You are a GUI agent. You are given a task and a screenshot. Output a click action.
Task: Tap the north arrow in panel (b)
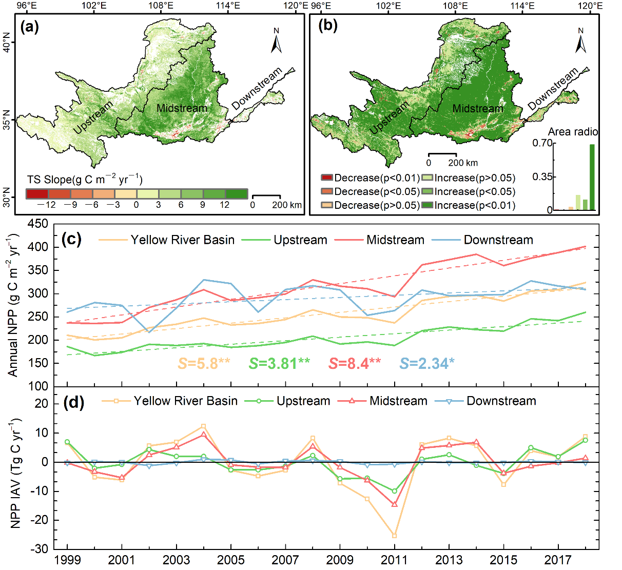click(x=581, y=41)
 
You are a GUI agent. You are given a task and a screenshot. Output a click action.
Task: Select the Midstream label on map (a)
click(x=182, y=108)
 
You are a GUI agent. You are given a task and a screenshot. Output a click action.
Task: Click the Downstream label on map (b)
click(x=553, y=89)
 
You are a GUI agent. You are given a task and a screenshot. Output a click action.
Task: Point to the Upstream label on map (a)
click(x=93, y=118)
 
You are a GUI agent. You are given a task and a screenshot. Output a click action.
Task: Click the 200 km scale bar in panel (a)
click(x=266, y=196)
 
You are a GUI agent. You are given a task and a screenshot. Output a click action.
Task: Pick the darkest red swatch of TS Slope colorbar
click(x=37, y=193)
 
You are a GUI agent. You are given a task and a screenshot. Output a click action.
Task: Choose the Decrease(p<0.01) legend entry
click(x=370, y=178)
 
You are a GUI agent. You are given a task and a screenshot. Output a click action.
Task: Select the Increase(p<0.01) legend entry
click(x=469, y=205)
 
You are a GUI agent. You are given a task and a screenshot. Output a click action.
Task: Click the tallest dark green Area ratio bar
click(x=592, y=177)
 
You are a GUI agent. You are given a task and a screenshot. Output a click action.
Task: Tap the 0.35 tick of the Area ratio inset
click(x=542, y=176)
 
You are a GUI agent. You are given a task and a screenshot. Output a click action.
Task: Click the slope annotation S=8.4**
click(x=355, y=363)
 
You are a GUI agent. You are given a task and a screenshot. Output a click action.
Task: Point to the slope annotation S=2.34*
click(x=427, y=363)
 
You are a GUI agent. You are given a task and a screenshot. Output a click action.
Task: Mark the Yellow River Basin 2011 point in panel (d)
click(x=394, y=536)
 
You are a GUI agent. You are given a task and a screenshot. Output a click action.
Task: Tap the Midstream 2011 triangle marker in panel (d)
click(x=394, y=505)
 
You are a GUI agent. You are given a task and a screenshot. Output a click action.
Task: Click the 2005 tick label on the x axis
click(x=230, y=559)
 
